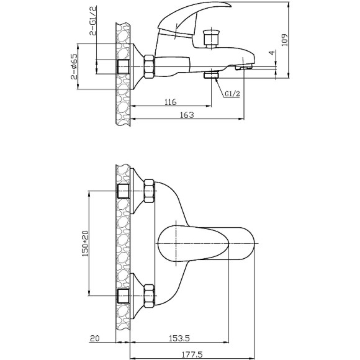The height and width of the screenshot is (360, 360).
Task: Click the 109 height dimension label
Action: (284, 40)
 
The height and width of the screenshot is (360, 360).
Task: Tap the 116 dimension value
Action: (171, 102)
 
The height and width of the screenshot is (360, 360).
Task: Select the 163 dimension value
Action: (187, 115)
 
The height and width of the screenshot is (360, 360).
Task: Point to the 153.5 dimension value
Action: (179, 338)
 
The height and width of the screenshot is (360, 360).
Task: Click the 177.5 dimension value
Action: (192, 355)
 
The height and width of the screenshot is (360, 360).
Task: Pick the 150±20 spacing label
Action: (85, 243)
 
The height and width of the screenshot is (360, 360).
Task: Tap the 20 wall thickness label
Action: (94, 338)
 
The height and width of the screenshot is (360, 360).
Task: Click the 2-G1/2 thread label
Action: (93, 20)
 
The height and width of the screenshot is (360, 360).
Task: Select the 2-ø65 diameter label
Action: (74, 66)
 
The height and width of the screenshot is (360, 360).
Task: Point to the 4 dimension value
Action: (272, 53)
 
